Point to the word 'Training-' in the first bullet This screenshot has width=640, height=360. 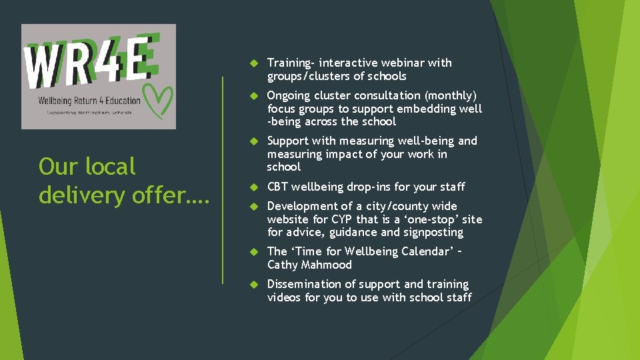[x=291, y=63]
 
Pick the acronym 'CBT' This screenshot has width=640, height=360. [x=277, y=187]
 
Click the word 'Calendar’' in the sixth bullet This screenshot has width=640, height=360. [x=428, y=251]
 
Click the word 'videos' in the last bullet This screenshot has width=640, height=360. [x=284, y=297]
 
